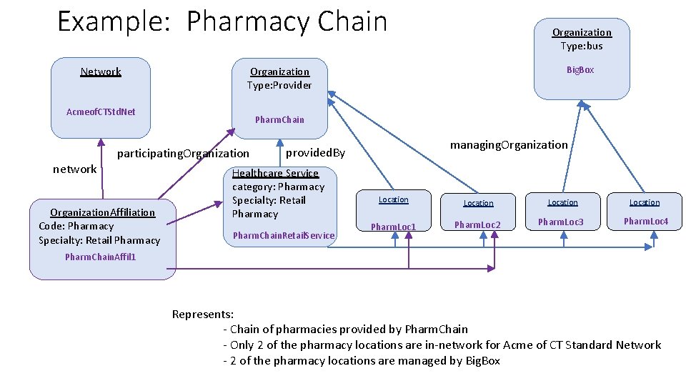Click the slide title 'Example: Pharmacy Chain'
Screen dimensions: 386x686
click(222, 21)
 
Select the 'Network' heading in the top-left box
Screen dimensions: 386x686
click(101, 71)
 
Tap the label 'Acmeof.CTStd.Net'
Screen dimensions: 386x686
click(101, 112)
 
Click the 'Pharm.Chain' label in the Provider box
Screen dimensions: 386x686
click(279, 119)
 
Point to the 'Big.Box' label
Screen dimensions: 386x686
click(580, 70)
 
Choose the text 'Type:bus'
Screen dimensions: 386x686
click(582, 46)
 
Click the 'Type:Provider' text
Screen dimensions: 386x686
click(279, 85)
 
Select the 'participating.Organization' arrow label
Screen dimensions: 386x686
click(183, 153)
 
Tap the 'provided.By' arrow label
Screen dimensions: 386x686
click(315, 153)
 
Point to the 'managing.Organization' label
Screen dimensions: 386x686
click(509, 145)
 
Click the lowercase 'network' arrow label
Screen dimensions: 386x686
click(75, 169)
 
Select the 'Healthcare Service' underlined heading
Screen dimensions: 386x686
click(275, 173)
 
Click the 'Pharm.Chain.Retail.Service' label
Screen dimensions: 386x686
click(284, 235)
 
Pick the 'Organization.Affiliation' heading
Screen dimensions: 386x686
click(102, 212)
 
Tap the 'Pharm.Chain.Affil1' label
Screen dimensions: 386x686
click(100, 257)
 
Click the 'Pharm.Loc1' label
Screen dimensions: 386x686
click(393, 227)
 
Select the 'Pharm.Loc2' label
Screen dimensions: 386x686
click(478, 225)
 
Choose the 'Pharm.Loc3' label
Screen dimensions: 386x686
click(561, 222)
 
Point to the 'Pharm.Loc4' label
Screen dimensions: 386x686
click(645, 222)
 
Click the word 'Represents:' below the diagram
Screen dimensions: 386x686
click(202, 314)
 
